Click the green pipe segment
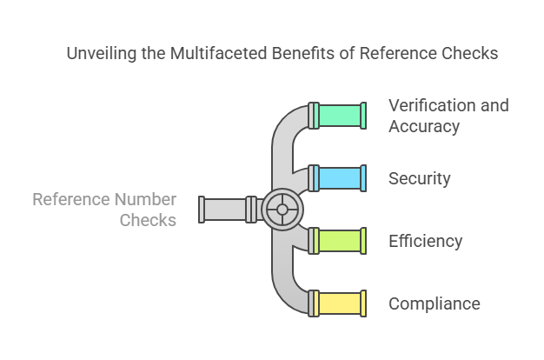coord(340,115)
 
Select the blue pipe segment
coord(340,178)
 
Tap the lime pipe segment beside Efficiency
coord(340,241)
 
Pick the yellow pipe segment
coord(340,303)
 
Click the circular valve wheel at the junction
coord(282,210)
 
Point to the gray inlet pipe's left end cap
coord(202,210)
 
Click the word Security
coord(420,179)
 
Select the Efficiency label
coord(425,242)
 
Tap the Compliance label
coord(435,304)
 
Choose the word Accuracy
coord(424,127)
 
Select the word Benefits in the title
coord(302,54)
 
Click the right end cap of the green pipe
coord(364,115)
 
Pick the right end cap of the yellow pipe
coord(364,303)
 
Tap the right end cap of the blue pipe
coord(364,178)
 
